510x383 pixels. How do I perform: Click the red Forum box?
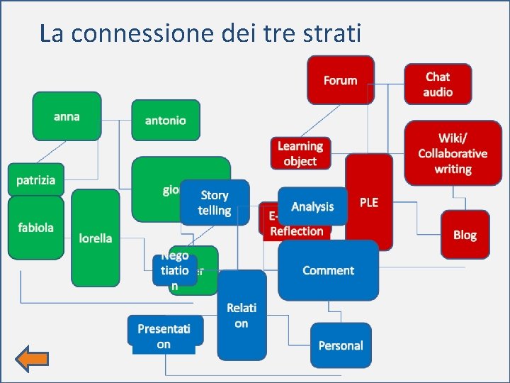340,80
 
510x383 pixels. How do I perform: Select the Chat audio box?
438,84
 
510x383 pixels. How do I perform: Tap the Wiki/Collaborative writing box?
452,153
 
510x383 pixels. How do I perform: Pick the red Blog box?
465,235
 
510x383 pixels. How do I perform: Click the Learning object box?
300,153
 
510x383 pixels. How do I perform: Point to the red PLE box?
369,202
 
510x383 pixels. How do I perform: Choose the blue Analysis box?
312,206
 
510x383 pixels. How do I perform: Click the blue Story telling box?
215,202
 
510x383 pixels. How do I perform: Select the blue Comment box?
328,270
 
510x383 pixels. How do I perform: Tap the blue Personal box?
340,345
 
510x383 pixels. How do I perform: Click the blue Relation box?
242,315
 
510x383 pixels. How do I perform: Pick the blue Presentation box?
164,335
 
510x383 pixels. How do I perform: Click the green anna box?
67,116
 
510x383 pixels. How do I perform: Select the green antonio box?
166,120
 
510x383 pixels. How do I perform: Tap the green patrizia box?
35,180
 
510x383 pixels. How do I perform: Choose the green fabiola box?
35,228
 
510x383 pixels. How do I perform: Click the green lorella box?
96,238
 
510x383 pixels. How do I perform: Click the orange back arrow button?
32,360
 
